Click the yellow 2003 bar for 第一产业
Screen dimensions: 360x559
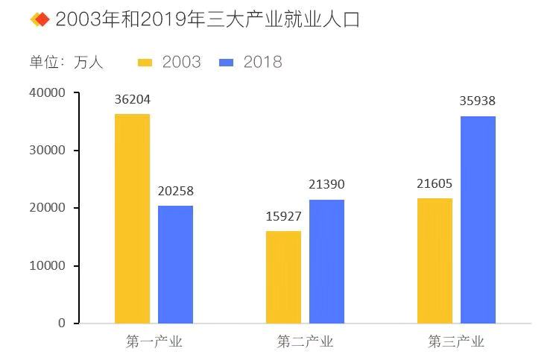[x=132, y=218]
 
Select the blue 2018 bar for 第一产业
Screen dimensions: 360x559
[x=175, y=264]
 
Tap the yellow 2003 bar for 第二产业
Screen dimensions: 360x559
[x=283, y=277]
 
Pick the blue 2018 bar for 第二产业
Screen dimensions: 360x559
[x=326, y=261]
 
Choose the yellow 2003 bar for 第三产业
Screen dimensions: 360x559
[x=435, y=260]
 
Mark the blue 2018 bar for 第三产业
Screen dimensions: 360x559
[x=478, y=219]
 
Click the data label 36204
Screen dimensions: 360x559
[x=133, y=99]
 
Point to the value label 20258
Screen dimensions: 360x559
[x=175, y=191]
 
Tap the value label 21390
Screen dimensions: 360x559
[x=326, y=185]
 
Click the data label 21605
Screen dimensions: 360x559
[x=435, y=183]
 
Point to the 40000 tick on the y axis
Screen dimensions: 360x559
[x=48, y=92]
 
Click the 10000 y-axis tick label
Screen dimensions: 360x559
[x=48, y=265]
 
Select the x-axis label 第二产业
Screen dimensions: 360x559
[x=305, y=342]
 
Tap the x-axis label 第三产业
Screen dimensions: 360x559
[x=456, y=342]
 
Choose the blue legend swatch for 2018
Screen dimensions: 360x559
[x=227, y=62]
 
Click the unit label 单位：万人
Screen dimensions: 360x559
[x=66, y=62]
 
